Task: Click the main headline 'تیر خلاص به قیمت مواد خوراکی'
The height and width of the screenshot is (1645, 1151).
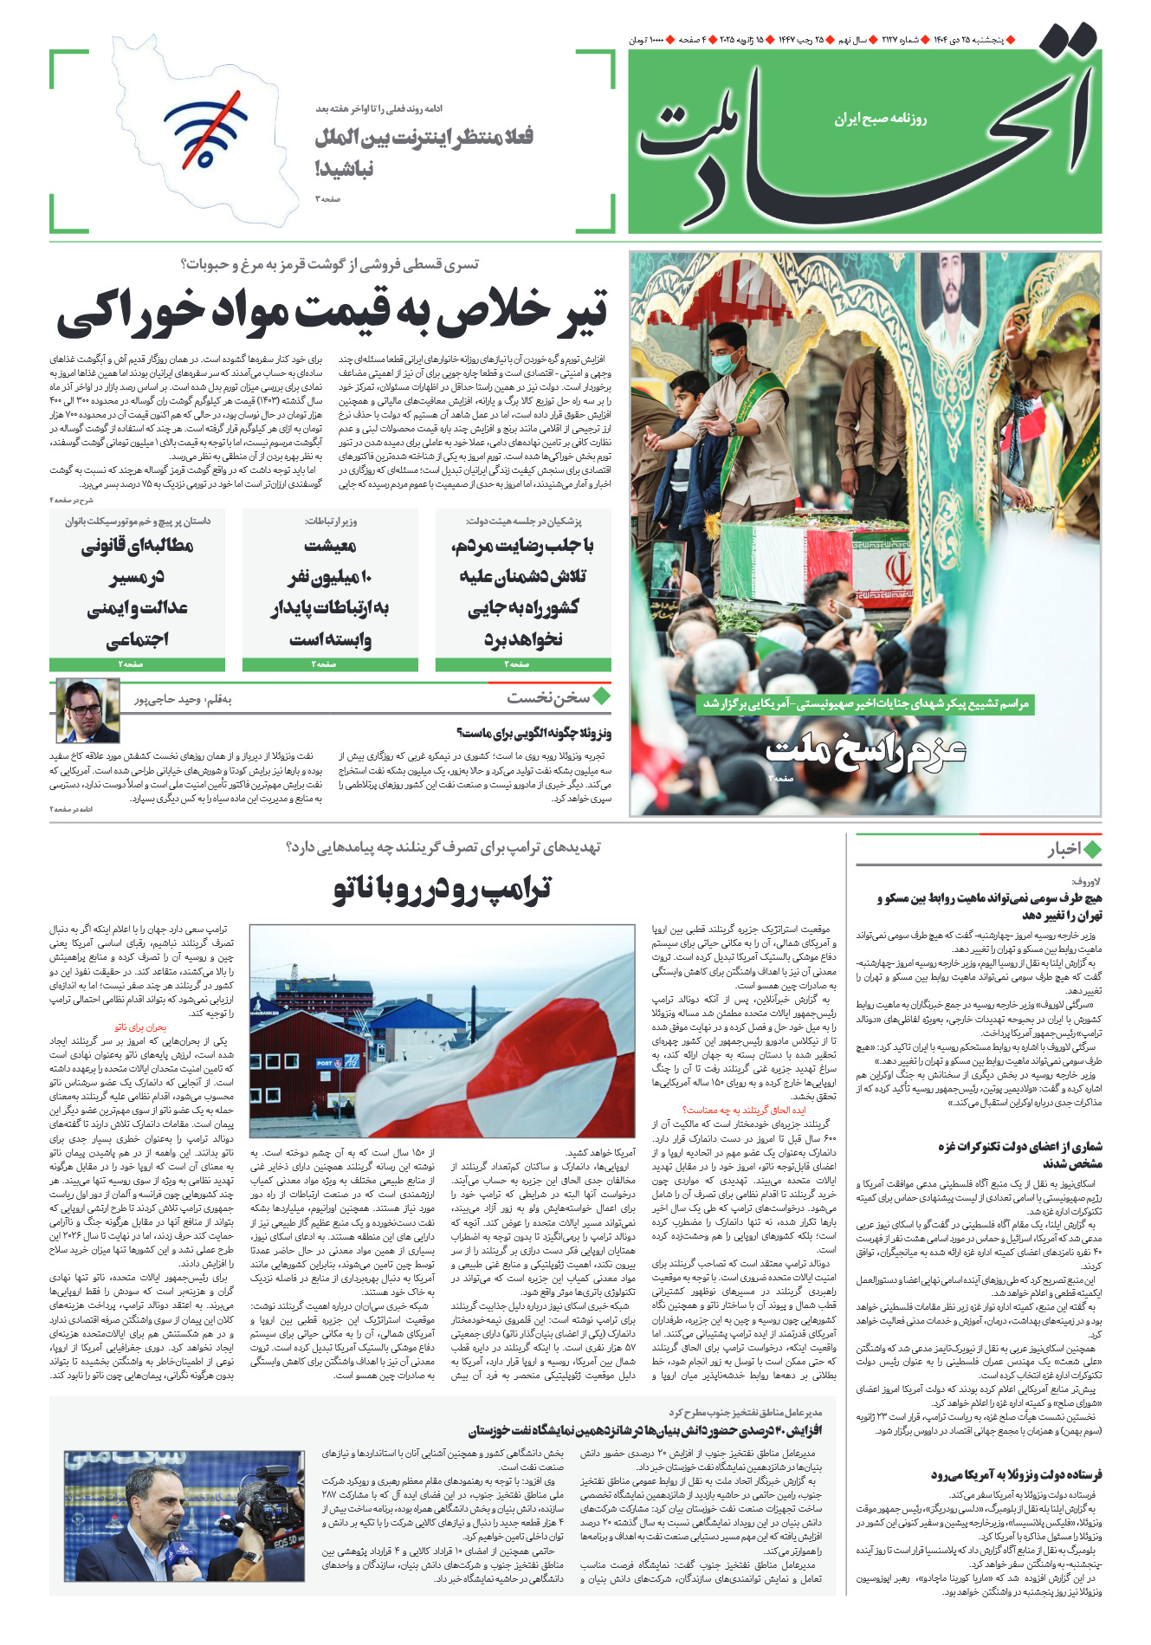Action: [x=333, y=314]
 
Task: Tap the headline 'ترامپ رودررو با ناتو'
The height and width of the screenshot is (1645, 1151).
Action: [x=442, y=890]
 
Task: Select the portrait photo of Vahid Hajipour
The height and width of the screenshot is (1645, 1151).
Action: [x=88, y=711]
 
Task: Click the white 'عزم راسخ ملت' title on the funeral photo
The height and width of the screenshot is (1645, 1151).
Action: [x=866, y=749]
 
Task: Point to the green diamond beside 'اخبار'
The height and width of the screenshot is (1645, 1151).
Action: [x=1092, y=849]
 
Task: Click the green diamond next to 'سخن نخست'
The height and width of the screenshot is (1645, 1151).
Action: [x=601, y=696]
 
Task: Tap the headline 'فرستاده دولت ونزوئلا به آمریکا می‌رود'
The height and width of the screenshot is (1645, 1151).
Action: [x=1016, y=1474]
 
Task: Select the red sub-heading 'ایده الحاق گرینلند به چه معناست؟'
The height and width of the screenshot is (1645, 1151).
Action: [x=744, y=1110]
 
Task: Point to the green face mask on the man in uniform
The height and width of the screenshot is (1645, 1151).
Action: [x=724, y=365]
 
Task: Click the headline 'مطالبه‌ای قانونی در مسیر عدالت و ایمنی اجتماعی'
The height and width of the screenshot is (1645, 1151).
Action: [x=138, y=592]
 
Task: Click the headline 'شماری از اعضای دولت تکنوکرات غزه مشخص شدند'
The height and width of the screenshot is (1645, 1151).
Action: [x=1019, y=1155]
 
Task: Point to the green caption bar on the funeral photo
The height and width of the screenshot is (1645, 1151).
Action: [x=865, y=704]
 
